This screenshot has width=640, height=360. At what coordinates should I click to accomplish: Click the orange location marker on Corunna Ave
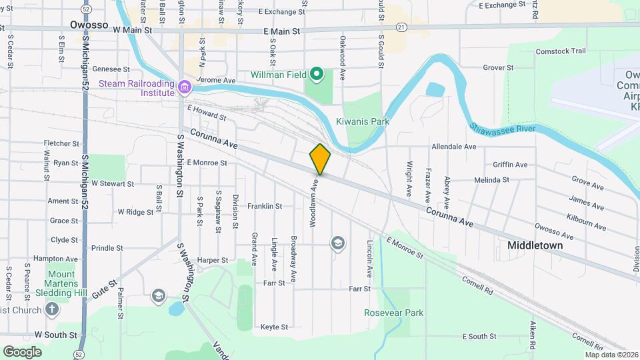pyautogui.click(x=320, y=159)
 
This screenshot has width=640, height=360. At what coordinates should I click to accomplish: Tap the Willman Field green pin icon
pyautogui.click(x=318, y=74)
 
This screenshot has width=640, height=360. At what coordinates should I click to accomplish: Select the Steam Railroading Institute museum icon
pyautogui.click(x=185, y=85)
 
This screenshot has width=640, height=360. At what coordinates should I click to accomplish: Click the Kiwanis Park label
pyautogui.click(x=362, y=121)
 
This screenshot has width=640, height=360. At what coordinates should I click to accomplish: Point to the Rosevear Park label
pyautogui.click(x=393, y=313)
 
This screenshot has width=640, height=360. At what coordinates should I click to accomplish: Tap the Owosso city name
pyautogui.click(x=89, y=25)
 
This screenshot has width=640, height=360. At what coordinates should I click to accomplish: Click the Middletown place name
pyautogui.click(x=535, y=245)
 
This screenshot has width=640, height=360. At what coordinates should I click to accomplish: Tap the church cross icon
pyautogui.click(x=53, y=309)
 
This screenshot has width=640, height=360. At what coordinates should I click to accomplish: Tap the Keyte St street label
pyautogui.click(x=274, y=327)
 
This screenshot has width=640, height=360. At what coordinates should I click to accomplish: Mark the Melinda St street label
pyautogui.click(x=491, y=180)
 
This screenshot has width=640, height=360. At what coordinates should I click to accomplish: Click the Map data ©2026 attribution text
pyautogui.click(x=611, y=355)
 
